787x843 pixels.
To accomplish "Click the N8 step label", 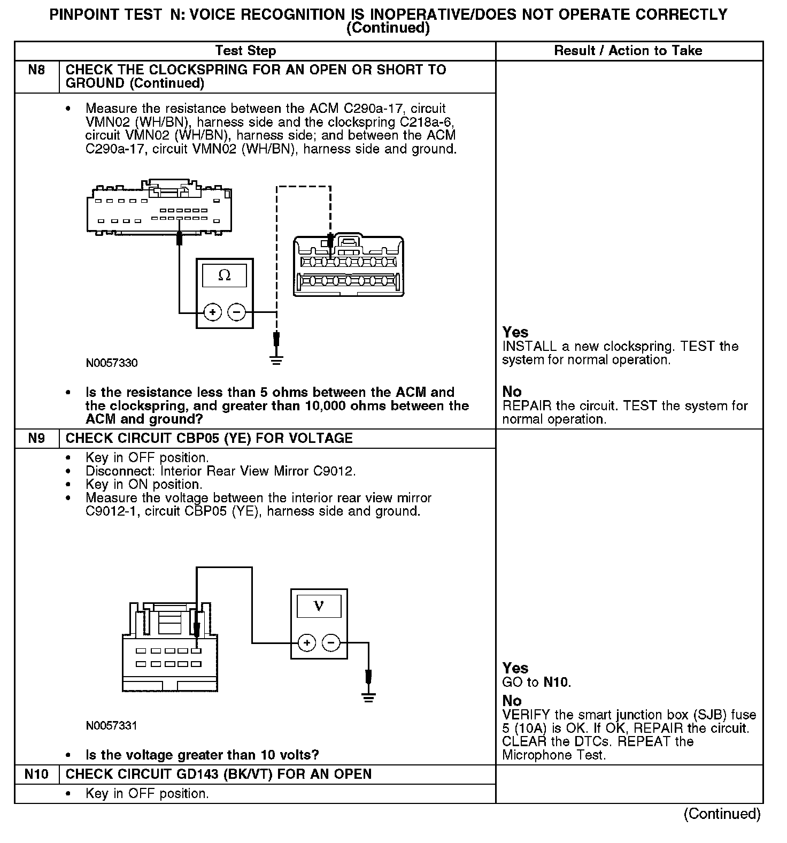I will [x=36, y=70].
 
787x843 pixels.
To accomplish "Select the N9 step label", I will [x=36, y=439].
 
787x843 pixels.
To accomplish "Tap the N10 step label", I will [x=36, y=774].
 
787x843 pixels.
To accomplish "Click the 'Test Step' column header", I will [x=245, y=51].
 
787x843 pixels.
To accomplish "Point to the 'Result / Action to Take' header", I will [x=628, y=51].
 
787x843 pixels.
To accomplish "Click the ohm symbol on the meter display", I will [x=225, y=276].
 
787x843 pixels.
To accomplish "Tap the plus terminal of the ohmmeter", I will [x=212, y=312].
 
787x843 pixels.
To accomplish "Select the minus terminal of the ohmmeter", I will [x=237, y=312].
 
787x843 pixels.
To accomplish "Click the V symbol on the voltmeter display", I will [x=319, y=606].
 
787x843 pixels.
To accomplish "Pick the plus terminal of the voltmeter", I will [x=306, y=642].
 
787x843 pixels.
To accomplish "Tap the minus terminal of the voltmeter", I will [x=331, y=642].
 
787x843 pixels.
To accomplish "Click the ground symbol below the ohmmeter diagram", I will [x=276, y=359].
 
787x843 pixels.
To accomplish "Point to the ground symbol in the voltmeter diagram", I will [x=368, y=696].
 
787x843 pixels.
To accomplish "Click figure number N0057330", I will [x=111, y=363].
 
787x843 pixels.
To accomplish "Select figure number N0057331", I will [x=111, y=726].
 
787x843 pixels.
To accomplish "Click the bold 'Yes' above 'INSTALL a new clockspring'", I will [x=515, y=332].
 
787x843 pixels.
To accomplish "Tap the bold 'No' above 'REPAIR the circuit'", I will [x=512, y=392].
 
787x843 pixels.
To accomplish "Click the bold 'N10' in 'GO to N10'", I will [x=556, y=682].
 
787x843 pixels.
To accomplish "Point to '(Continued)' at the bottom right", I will [x=722, y=814].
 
